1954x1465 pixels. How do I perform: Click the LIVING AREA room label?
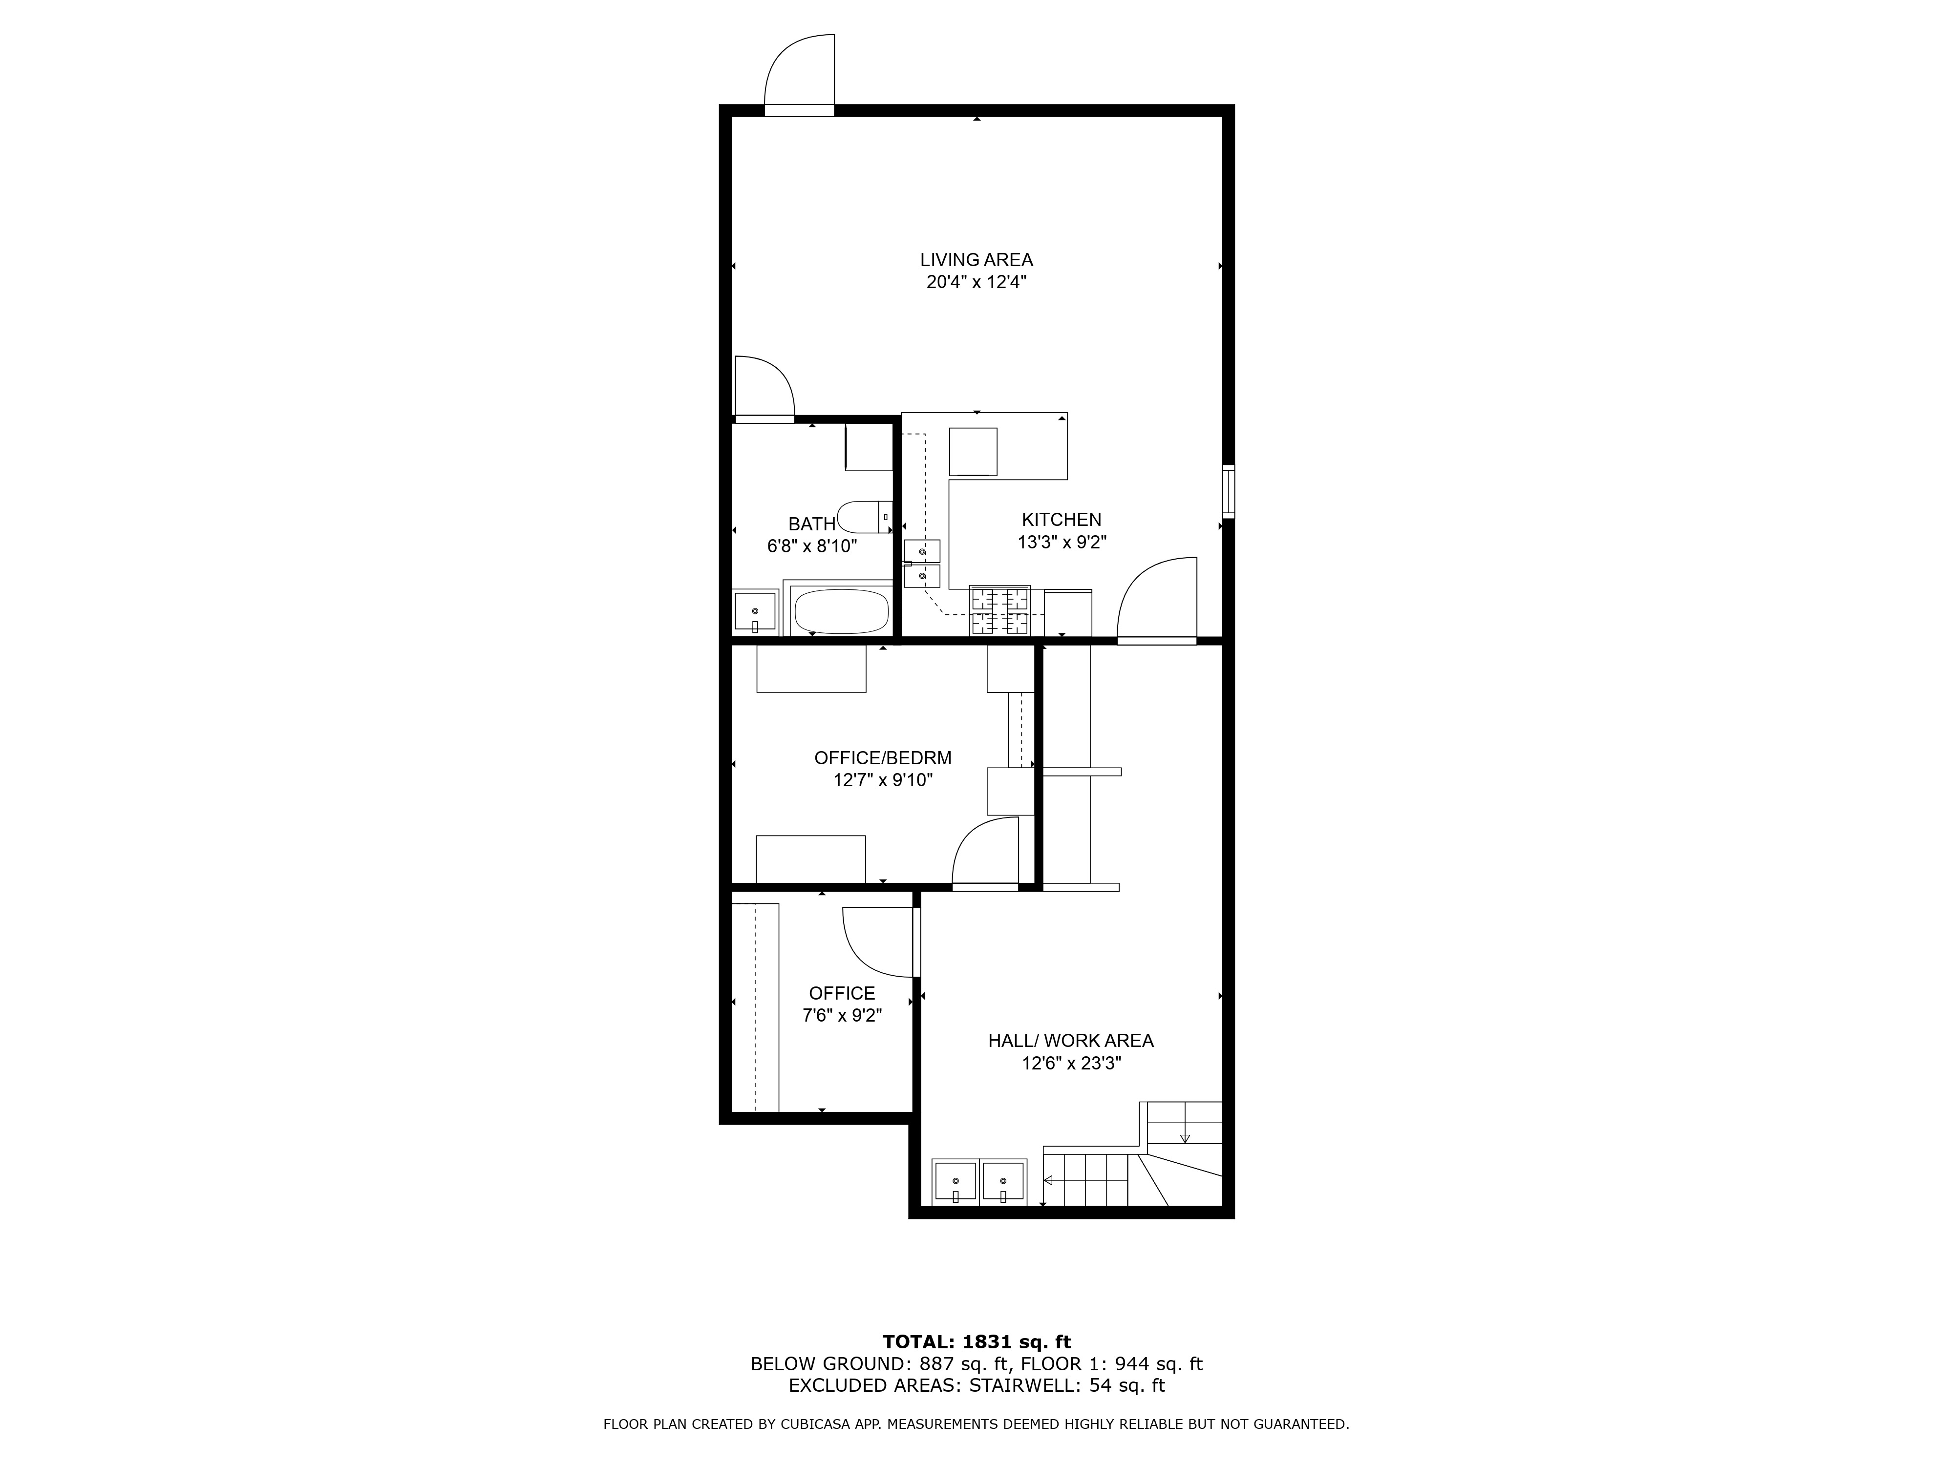click(976, 260)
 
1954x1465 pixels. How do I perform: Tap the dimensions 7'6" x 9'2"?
click(842, 1016)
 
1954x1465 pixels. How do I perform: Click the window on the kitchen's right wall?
click(1228, 490)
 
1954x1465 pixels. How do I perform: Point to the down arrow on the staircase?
click(1185, 1137)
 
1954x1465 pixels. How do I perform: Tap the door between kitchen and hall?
click(1157, 601)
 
